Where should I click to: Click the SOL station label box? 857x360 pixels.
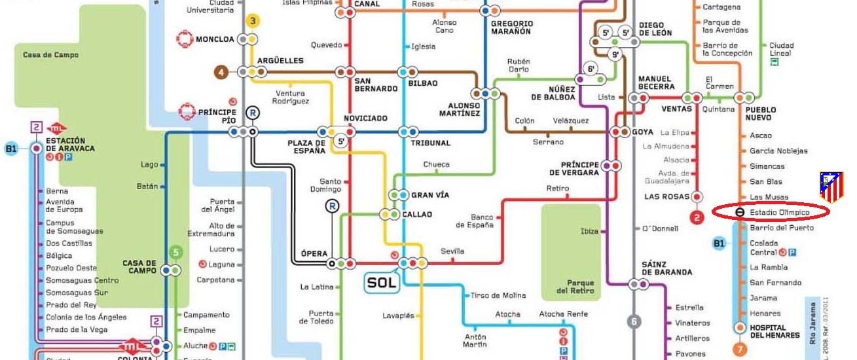(x=381, y=283)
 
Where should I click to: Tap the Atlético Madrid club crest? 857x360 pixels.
(x=831, y=187)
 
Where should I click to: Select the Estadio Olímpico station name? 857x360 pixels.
(x=780, y=213)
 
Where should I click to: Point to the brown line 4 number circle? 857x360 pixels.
(x=223, y=71)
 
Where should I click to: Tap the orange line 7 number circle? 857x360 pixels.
(x=740, y=349)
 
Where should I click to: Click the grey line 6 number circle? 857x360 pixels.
(x=634, y=321)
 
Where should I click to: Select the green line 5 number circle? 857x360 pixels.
(x=175, y=251)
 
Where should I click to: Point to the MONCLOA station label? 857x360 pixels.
(x=215, y=39)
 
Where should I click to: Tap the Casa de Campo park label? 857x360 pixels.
(x=41, y=55)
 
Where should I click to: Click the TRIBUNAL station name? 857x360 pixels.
(x=430, y=143)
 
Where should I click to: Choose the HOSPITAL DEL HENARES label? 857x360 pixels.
(x=775, y=331)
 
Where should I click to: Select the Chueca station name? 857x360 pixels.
(x=436, y=164)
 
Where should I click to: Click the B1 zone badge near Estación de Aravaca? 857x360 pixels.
(x=11, y=149)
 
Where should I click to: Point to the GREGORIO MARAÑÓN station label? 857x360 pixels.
(x=512, y=27)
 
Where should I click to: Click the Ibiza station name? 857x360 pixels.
(x=589, y=231)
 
